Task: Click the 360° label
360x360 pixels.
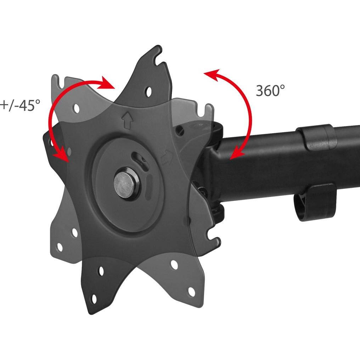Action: pos(270,90)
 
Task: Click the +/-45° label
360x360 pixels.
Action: pos(20,105)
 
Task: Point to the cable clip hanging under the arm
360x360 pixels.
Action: pos(315,202)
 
